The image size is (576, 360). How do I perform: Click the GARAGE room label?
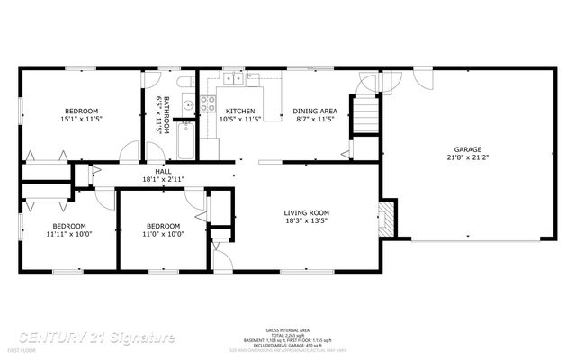pyautogui.click(x=467, y=149)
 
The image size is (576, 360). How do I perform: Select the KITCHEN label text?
pyautogui.click(x=240, y=111)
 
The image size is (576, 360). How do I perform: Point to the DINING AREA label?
pyautogui.click(x=315, y=111)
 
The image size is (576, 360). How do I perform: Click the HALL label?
pyautogui.click(x=163, y=171)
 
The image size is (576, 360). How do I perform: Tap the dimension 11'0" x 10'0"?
pyautogui.click(x=163, y=233)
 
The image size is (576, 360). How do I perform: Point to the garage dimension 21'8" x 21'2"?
pyautogui.click(x=467, y=157)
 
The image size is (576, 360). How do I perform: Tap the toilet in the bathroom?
pyautogui.click(x=184, y=85)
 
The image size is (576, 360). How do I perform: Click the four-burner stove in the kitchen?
pyautogui.click(x=208, y=101)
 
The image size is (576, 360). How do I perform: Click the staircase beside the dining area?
pyautogui.click(x=364, y=115)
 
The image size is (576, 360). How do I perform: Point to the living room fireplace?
pyautogui.click(x=386, y=218)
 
